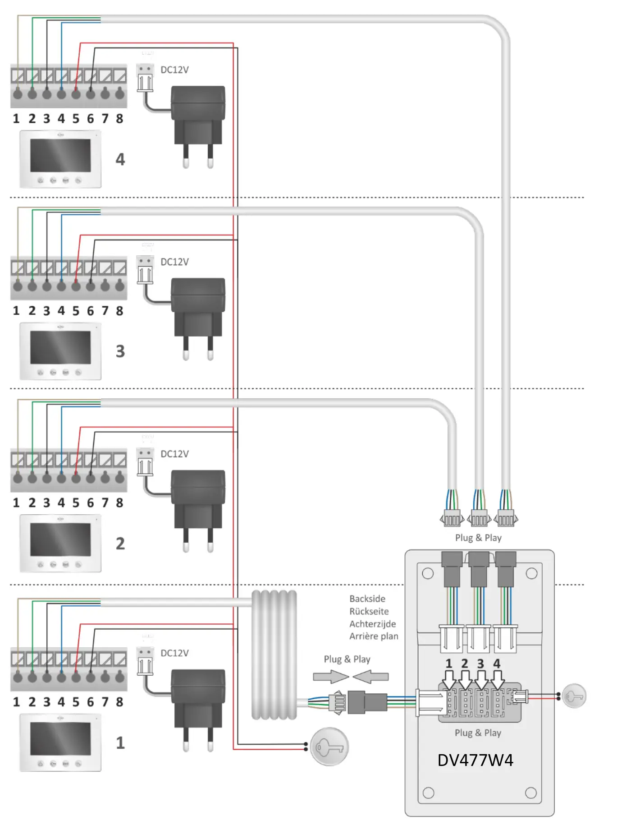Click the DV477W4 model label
[475, 760]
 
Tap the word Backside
[367, 599]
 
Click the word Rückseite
[369, 611]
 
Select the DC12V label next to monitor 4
[174, 70]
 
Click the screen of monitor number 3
[60, 347]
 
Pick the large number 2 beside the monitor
[120, 544]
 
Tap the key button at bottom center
[329, 747]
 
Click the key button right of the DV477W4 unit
[574, 696]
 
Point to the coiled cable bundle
[274, 654]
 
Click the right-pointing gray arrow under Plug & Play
[331, 677]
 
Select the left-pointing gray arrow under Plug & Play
[370, 677]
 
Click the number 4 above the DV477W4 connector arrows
[497, 664]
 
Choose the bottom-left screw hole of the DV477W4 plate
[429, 793]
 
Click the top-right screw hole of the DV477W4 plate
[531, 573]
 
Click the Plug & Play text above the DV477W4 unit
[478, 538]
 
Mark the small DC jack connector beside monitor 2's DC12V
[145, 461]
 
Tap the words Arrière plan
[374, 636]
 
